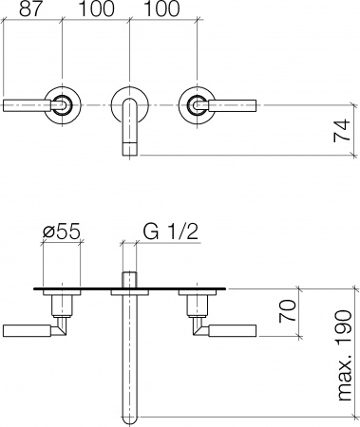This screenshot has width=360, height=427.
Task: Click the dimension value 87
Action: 30,9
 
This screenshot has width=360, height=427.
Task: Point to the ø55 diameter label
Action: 62,230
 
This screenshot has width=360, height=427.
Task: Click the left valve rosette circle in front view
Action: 63,104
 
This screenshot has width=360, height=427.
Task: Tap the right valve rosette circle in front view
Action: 199,104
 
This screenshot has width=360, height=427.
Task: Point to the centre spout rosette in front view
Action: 131,106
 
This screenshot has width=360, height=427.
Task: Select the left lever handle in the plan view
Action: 28,329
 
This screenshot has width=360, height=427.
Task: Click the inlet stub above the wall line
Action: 131,277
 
